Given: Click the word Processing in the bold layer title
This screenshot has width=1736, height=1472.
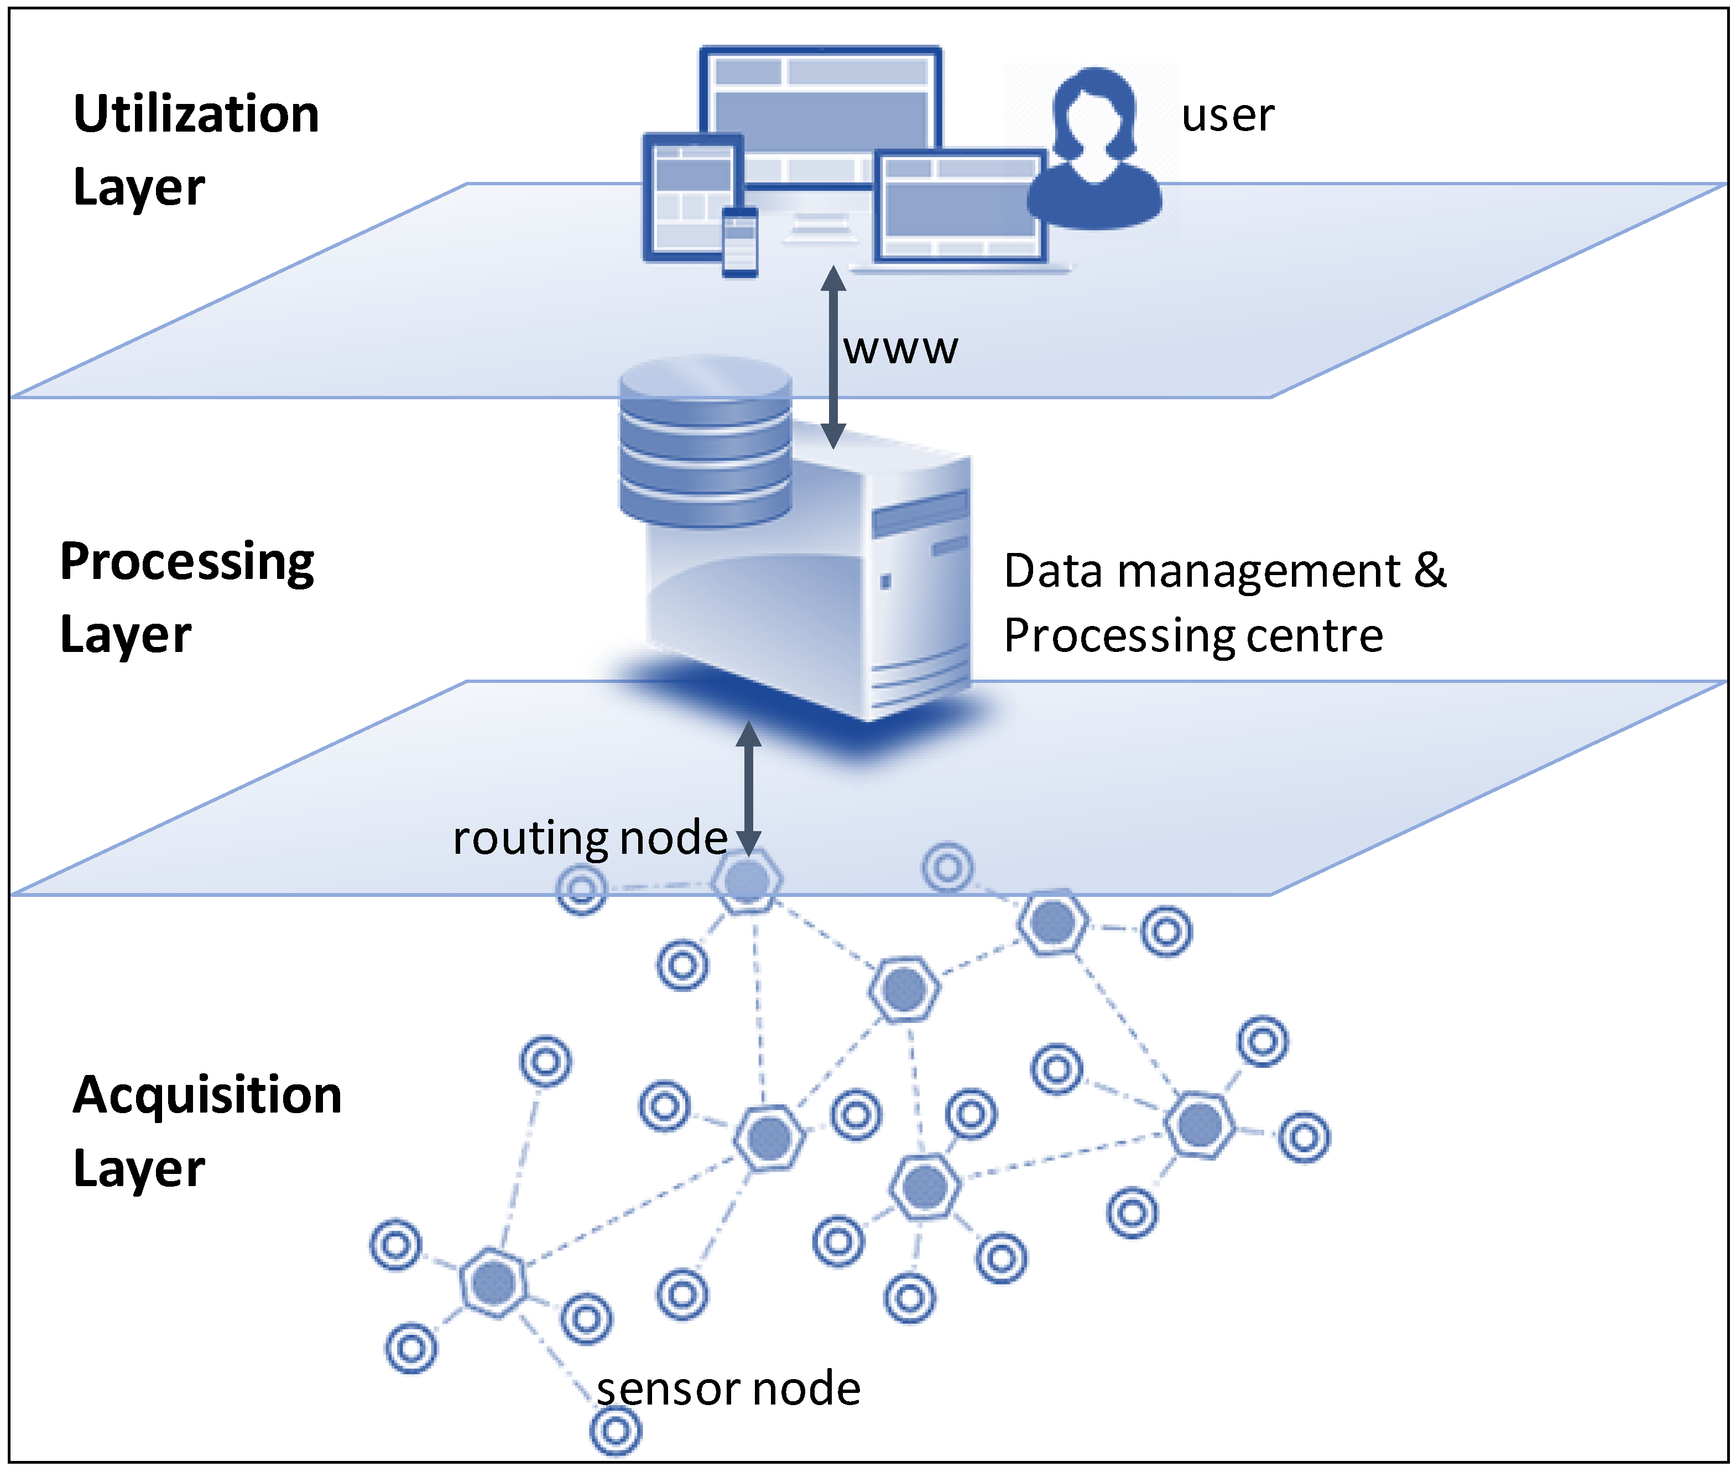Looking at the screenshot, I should point(187,562).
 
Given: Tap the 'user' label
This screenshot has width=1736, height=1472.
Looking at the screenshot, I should point(1227,115).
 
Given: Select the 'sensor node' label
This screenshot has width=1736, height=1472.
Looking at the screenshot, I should point(728,1389).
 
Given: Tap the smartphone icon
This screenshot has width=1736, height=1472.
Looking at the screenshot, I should point(739,242).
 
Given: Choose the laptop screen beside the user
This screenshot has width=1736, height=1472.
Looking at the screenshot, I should point(960,205).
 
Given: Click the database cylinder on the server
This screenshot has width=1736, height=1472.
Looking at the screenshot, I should point(705,442).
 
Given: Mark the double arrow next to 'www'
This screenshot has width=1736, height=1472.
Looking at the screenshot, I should point(833,357).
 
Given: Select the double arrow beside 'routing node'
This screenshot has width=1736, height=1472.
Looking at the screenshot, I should point(749,789).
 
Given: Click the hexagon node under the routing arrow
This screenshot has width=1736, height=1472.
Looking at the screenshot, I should point(747,880).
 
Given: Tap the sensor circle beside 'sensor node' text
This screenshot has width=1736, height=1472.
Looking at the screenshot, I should point(616,1431).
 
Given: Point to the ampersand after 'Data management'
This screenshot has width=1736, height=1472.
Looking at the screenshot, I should point(1430,571).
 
